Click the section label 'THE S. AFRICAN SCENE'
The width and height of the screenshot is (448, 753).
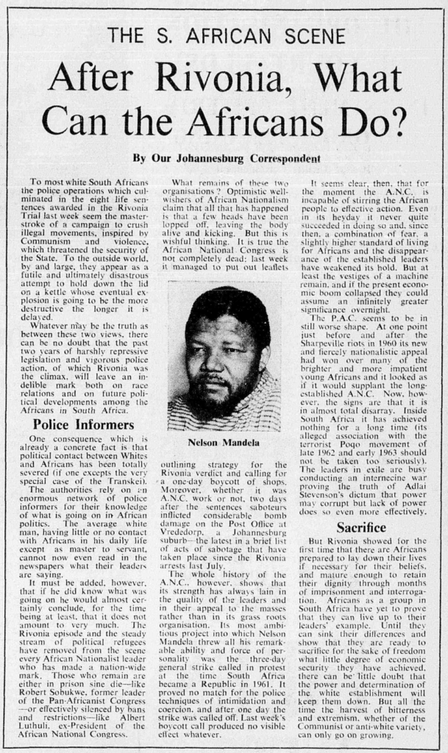pos(224,34)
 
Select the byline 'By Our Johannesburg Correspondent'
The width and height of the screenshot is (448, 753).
pos(227,157)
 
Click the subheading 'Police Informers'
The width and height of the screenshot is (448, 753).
pos(72,425)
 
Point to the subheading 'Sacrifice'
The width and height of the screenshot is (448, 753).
pos(360,527)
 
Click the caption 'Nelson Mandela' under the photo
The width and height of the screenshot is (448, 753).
pos(224,443)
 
